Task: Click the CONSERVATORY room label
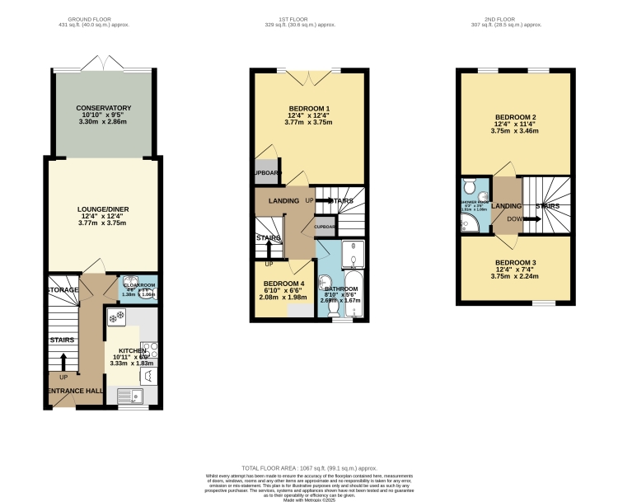pyautogui.click(x=104, y=108)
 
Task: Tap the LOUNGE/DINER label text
pyautogui.click(x=104, y=209)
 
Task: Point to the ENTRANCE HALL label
pyautogui.click(x=74, y=390)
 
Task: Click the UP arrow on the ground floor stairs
pyautogui.click(x=63, y=363)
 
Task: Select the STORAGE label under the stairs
pyautogui.click(x=63, y=290)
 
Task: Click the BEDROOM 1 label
pyautogui.click(x=309, y=110)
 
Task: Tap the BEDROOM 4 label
pyautogui.click(x=283, y=284)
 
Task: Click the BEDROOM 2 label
pyautogui.click(x=513, y=117)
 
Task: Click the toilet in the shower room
pyautogui.click(x=469, y=185)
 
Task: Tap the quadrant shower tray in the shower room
pyautogui.click(x=468, y=223)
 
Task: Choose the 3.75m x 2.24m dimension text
pyautogui.click(x=513, y=277)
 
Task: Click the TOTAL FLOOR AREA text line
pyautogui.click(x=308, y=467)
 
